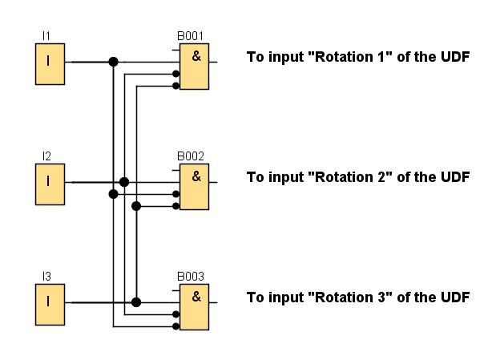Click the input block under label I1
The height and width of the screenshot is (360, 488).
tap(49, 65)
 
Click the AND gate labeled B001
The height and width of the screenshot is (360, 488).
tap(194, 67)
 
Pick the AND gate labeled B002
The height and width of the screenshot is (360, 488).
tap(194, 187)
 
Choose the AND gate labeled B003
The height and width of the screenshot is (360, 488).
tap(194, 307)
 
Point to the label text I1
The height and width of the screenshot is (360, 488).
tap(46, 37)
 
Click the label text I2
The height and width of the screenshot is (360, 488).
tap(46, 156)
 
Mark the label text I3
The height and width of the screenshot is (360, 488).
tap(46, 277)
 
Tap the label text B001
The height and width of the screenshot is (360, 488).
tap(191, 37)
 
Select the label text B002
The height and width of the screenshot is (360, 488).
tap(191, 157)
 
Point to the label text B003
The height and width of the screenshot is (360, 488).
tap(191, 277)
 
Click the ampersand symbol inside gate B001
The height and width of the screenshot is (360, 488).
tap(196, 55)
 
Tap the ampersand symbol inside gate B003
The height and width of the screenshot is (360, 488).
tap(196, 296)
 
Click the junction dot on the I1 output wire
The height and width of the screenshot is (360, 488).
tap(113, 61)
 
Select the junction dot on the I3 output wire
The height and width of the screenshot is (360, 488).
tap(136, 302)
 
